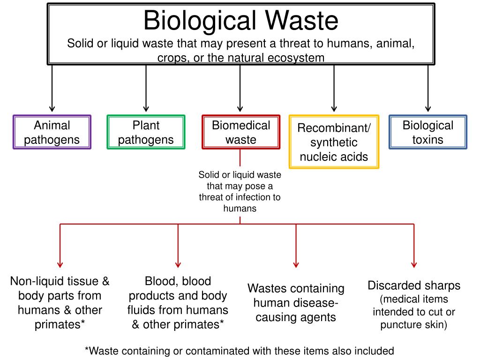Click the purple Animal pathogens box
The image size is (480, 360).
click(x=52, y=132)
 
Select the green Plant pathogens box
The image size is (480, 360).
click(x=146, y=132)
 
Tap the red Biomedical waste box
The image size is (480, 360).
click(x=240, y=132)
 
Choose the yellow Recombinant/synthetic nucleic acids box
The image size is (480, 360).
click(x=334, y=142)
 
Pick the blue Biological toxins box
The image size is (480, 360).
click(x=427, y=132)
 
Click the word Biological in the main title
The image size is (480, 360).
click(x=200, y=21)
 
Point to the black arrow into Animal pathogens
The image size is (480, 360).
click(x=52, y=89)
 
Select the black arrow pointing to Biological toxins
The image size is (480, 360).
click(x=427, y=89)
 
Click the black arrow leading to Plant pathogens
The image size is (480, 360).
click(x=146, y=89)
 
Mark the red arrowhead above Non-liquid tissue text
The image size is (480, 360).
click(x=60, y=264)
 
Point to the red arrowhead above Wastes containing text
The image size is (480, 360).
click(x=296, y=264)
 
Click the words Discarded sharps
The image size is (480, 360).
click(x=414, y=285)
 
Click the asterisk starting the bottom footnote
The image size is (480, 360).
click(x=87, y=350)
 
